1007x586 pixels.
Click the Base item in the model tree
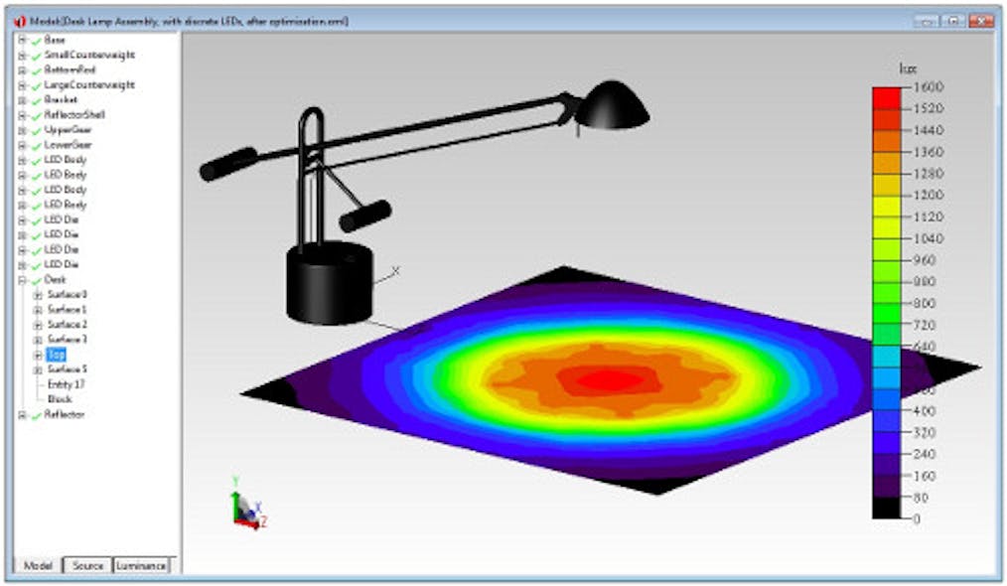54,40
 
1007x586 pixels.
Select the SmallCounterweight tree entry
88,55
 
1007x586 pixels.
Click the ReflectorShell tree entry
73,115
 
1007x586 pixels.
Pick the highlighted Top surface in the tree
56,355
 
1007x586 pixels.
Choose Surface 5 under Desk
67,369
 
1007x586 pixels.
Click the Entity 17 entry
66,384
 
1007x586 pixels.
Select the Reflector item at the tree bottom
64,414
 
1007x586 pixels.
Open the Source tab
87,565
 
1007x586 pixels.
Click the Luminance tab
141,565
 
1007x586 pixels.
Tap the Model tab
37,565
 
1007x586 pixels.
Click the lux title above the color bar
906,69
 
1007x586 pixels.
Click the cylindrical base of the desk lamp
329,283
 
